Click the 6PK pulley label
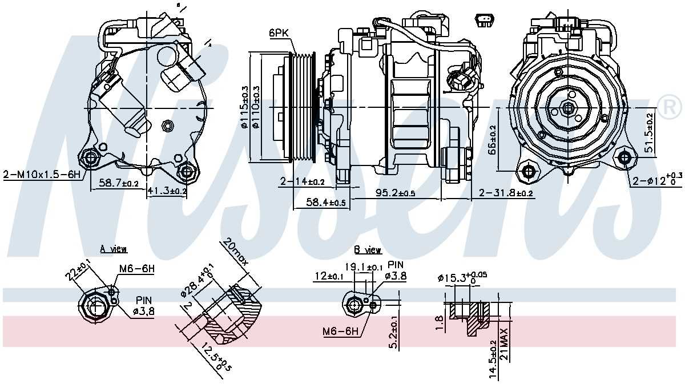(280, 34)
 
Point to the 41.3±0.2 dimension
(167, 192)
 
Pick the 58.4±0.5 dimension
(326, 203)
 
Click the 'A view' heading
(114, 249)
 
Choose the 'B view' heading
(368, 250)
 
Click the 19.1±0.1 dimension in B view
(363, 266)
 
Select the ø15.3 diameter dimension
(462, 278)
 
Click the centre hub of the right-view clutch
(568, 108)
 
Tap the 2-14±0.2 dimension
(302, 181)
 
